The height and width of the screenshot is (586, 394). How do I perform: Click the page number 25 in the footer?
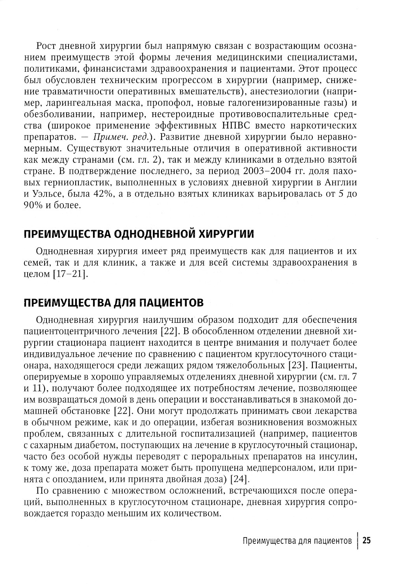(366, 541)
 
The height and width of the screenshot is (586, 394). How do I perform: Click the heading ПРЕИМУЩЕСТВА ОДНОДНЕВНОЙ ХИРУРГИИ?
(139, 234)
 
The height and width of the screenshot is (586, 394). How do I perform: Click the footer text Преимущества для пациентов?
(297, 541)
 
